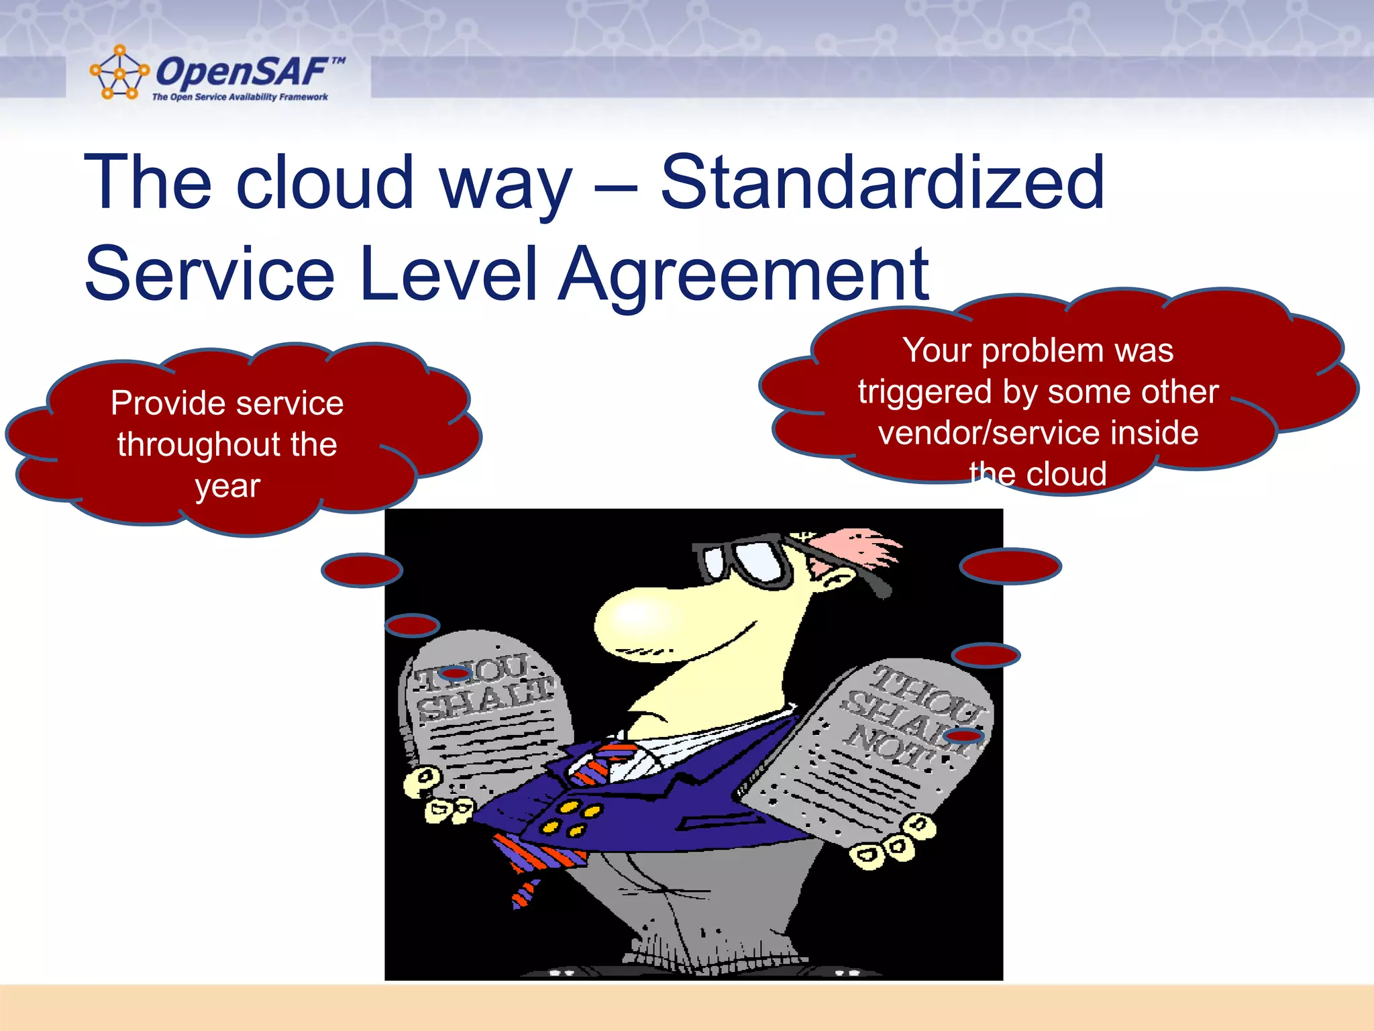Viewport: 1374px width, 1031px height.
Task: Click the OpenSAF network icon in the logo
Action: [119, 72]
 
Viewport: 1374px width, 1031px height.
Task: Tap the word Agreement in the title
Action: [743, 274]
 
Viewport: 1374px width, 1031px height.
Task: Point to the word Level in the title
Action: [448, 274]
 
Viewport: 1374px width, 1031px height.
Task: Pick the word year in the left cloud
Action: [227, 487]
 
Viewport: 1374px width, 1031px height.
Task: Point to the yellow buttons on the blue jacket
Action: [570, 818]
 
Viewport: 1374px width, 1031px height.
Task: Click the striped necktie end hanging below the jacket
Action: [523, 893]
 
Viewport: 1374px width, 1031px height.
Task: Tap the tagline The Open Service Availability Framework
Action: [240, 97]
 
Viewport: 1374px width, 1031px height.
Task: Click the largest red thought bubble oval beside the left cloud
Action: [362, 571]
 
